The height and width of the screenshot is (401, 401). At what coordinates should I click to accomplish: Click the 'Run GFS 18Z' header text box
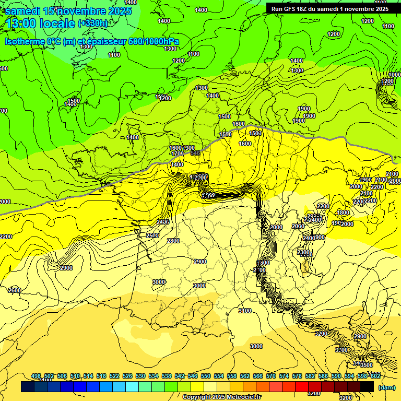(x=329, y=9)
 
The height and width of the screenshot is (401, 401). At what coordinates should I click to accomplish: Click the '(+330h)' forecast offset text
(x=93, y=23)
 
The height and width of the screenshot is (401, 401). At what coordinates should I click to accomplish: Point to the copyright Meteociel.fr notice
(x=221, y=397)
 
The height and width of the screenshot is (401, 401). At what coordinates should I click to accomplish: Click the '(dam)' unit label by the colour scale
(x=386, y=387)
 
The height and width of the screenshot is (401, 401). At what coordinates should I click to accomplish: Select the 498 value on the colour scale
(x=36, y=376)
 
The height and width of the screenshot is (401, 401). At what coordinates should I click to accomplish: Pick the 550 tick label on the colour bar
(x=206, y=376)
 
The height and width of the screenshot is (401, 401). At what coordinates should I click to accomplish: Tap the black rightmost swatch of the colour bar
(x=367, y=386)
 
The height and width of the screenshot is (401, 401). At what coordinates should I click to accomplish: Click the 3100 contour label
(x=244, y=311)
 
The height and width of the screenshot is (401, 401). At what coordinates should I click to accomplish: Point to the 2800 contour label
(x=173, y=241)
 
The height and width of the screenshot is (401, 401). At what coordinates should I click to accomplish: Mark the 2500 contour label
(x=152, y=235)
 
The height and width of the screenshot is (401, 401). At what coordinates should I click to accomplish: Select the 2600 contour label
(x=15, y=290)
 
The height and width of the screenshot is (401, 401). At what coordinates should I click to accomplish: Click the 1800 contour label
(x=343, y=213)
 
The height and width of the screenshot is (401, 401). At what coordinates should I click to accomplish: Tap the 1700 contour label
(x=177, y=154)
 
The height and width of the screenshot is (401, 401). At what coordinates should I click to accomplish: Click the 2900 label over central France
(x=199, y=262)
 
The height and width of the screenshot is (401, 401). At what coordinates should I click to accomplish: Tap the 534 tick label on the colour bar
(x=154, y=376)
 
